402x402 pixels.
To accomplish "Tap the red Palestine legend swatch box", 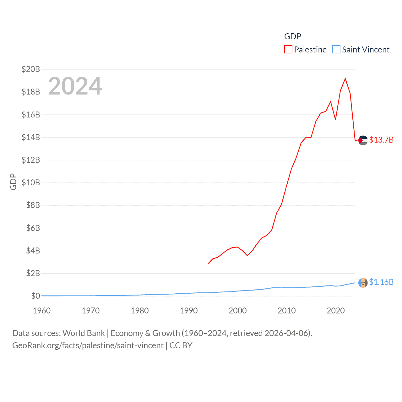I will click(288, 50).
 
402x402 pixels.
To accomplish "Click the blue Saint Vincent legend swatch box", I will click(336, 50).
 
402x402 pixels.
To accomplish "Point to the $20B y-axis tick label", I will click(31, 69).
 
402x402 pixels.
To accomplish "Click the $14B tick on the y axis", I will click(31, 137).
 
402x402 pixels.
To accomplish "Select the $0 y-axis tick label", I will click(35, 296).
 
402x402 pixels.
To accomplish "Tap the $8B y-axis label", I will click(33, 205).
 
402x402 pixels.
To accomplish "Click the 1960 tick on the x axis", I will click(42, 311).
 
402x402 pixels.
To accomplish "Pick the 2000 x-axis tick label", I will click(237, 311).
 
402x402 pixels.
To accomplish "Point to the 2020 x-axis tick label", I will click(335, 311).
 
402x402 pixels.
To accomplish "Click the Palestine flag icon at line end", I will click(363, 140).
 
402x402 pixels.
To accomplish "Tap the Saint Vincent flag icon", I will click(363, 283).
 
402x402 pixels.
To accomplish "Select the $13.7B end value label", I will click(381, 140).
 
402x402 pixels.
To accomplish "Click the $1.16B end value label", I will click(381, 282).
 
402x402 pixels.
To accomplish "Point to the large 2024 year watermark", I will click(75, 86).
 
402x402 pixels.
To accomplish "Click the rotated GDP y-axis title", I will click(13, 182).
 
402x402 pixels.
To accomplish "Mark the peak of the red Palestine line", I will click(345, 79).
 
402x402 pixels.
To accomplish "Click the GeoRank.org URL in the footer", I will click(88, 345).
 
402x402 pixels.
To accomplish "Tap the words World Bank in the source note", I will click(84, 333).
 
